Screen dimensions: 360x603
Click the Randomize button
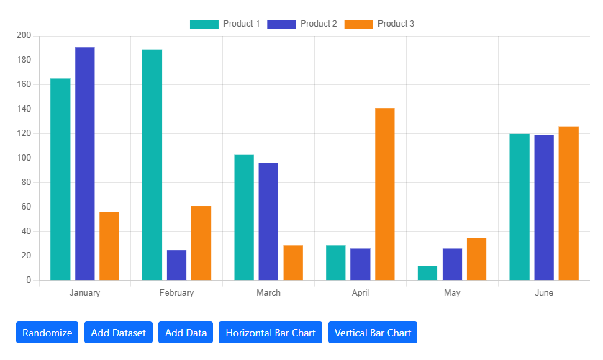coord(47,333)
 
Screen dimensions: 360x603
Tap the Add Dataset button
coord(118,333)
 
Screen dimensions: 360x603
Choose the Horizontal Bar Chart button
coord(271,333)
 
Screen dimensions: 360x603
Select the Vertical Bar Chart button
coord(373,333)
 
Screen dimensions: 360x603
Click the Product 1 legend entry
coord(225,24)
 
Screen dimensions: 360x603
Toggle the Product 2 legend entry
coord(302,24)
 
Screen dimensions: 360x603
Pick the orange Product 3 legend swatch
coord(358,24)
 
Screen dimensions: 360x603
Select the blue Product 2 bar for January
coord(85,163)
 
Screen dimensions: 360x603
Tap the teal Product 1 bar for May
coord(427,273)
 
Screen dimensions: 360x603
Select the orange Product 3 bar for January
coord(109,246)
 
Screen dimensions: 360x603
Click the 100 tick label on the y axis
coord(23,158)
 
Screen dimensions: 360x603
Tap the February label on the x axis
coord(176,293)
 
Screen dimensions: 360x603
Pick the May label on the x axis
coord(452,293)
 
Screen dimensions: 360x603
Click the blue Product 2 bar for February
coord(176,265)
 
